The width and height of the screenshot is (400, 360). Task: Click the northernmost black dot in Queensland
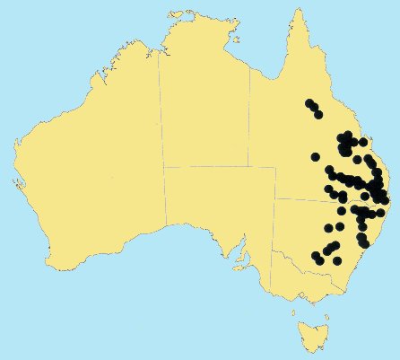[309, 102]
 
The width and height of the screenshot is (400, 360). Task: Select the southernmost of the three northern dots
[317, 114]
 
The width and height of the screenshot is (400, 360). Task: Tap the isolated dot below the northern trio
[316, 156]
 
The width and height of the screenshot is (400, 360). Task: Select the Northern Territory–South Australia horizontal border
[206, 166]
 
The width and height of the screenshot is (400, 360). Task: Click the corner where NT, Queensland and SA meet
[250, 167]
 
